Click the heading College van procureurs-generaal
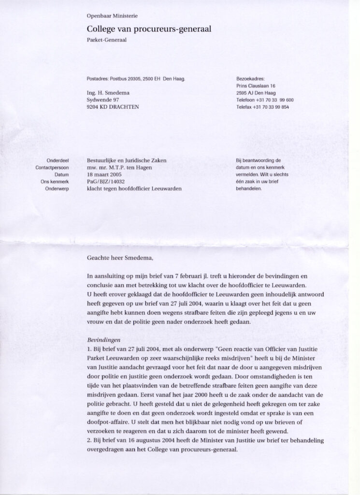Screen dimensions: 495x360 coord(148,29)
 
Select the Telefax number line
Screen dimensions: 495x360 coord(264,107)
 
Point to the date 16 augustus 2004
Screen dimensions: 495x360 coord(151,440)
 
